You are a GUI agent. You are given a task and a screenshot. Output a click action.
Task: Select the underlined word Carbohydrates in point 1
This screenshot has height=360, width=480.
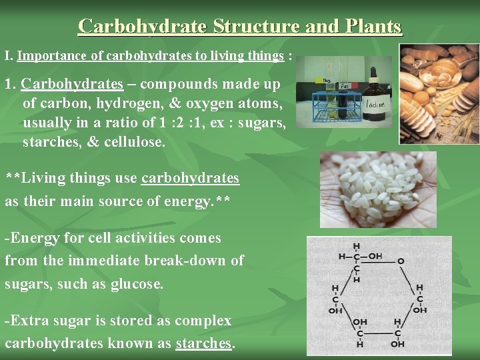(72, 85)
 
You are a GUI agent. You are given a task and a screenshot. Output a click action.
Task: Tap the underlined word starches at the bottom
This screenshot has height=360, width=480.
(203, 343)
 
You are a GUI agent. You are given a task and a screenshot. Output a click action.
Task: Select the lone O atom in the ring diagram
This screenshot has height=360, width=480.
(400, 261)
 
